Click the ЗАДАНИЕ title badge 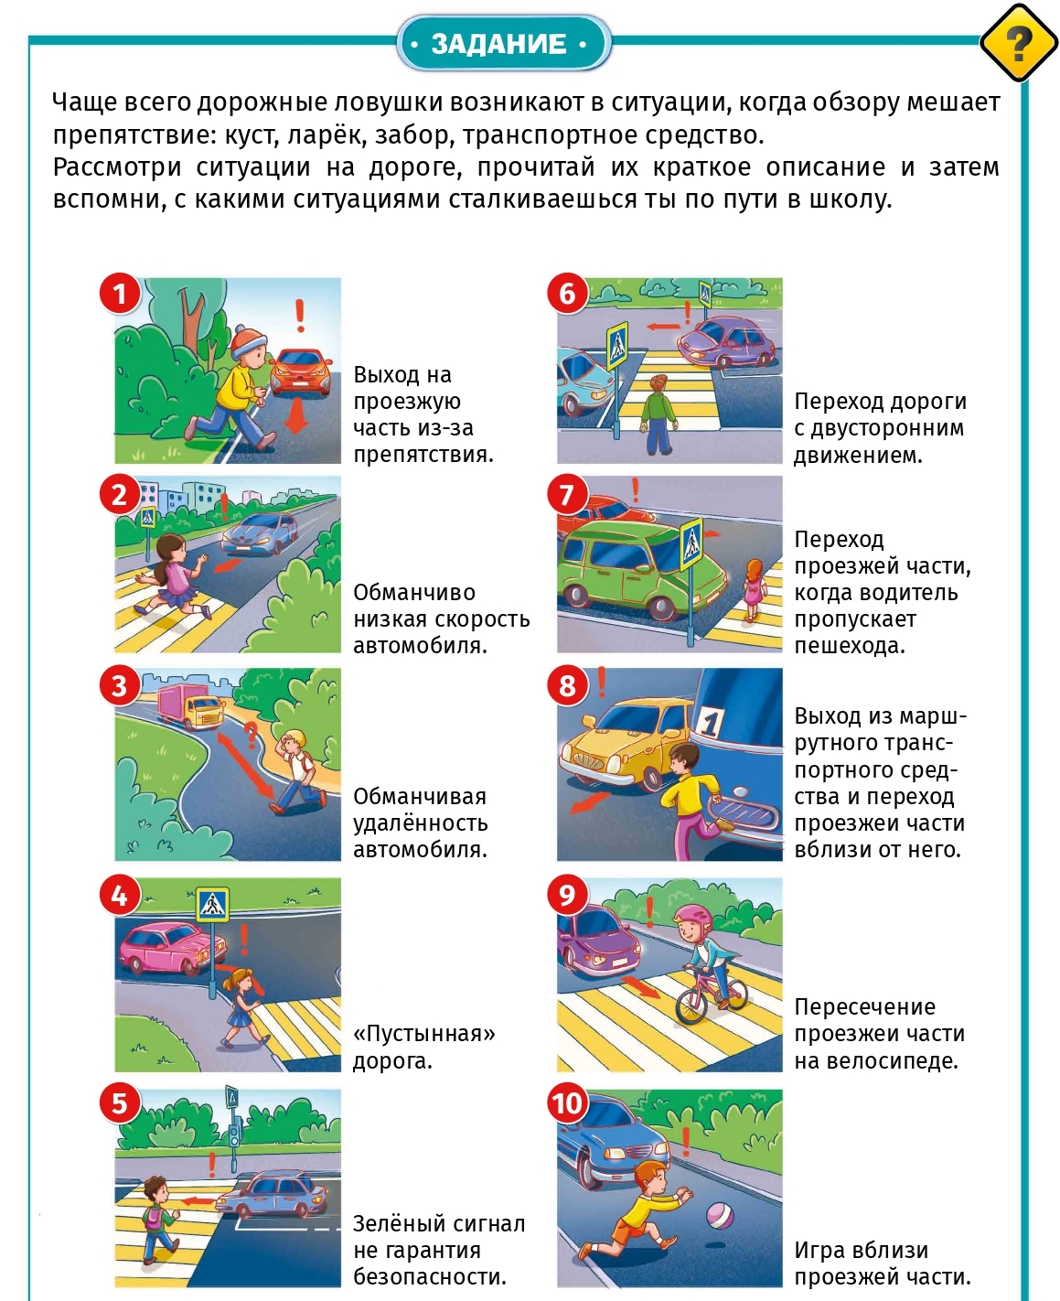click(x=503, y=43)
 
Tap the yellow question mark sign click(x=1018, y=43)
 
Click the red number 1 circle click(x=119, y=294)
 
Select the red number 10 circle click(x=567, y=1103)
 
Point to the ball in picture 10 click(x=720, y=1216)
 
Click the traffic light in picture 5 click(x=234, y=1134)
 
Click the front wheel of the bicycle click(x=692, y=1006)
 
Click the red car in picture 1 click(x=302, y=371)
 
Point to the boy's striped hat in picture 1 click(x=248, y=342)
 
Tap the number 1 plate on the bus click(x=711, y=723)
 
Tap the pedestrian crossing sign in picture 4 click(x=212, y=905)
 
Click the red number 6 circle click(x=567, y=294)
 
